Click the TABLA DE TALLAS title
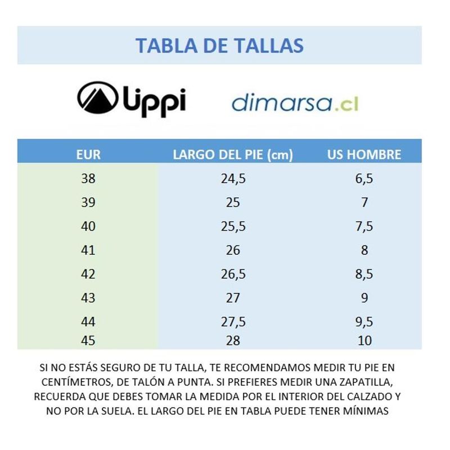pyautogui.click(x=219, y=45)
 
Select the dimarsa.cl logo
pyautogui.click(x=295, y=103)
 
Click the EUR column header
pyautogui.click(x=88, y=155)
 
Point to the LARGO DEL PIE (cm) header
pyautogui.click(x=233, y=155)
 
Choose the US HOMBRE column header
pyautogui.click(x=364, y=155)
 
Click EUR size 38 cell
pyautogui.click(x=88, y=179)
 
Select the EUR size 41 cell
pyautogui.click(x=88, y=250)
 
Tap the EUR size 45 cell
pyautogui.click(x=88, y=340)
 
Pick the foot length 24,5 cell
pyautogui.click(x=233, y=179)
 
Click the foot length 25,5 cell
pyautogui.click(x=233, y=227)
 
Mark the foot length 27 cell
pyautogui.click(x=233, y=298)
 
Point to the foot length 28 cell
pyautogui.click(x=233, y=340)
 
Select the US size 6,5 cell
pyautogui.click(x=364, y=179)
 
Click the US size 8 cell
pyautogui.click(x=364, y=250)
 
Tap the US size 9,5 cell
pyautogui.click(x=364, y=322)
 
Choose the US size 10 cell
pyautogui.click(x=364, y=340)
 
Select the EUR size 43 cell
pyautogui.click(x=88, y=298)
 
